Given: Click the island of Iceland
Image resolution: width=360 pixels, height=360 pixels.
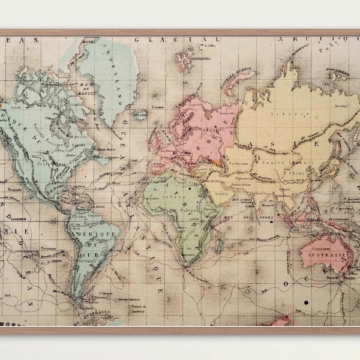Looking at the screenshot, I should click(140, 113).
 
